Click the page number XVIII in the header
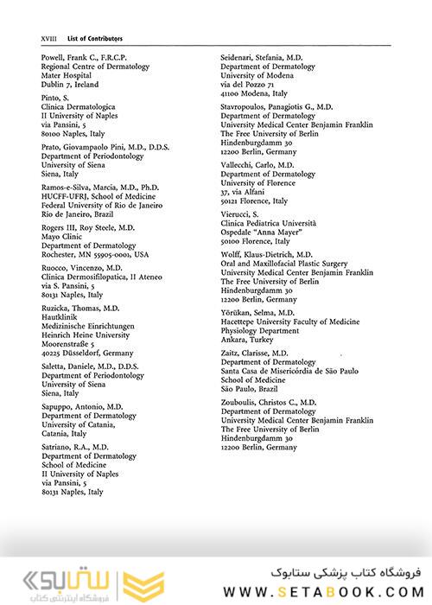48,39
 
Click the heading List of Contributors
96,39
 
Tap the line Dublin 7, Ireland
70,85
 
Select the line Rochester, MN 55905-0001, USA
95,255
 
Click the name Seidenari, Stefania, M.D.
270,57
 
